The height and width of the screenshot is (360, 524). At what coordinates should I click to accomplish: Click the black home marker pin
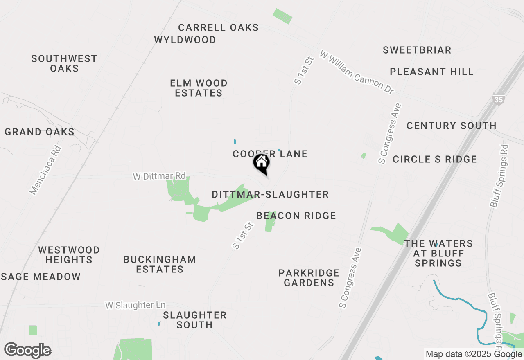click(261, 163)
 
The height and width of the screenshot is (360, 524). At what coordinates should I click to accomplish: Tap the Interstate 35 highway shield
click(498, 99)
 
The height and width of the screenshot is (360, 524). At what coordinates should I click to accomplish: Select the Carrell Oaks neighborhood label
click(218, 28)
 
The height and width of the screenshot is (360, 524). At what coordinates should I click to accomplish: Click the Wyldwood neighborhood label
click(185, 40)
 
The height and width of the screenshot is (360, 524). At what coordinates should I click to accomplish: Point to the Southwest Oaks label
click(64, 63)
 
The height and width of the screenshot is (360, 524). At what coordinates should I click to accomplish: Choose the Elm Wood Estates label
click(199, 88)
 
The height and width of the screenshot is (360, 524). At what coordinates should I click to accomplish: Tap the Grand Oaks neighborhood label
click(40, 132)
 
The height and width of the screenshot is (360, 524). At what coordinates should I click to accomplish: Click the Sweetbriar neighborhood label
click(417, 50)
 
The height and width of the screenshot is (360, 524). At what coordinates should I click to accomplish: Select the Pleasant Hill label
click(431, 72)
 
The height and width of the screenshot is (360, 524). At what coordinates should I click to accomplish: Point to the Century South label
click(451, 126)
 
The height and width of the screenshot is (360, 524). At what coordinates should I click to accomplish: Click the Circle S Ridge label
click(434, 159)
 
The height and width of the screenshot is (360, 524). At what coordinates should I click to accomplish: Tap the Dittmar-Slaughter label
click(270, 195)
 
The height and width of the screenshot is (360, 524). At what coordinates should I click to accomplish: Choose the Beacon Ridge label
click(296, 216)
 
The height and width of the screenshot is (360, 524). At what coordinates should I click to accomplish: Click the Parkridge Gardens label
click(309, 278)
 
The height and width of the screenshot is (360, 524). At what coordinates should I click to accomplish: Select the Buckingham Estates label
click(160, 264)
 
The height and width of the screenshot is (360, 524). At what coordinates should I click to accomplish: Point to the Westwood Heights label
click(69, 255)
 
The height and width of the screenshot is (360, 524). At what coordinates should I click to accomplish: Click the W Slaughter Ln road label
click(135, 305)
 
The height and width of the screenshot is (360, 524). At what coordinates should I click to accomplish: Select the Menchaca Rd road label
click(45, 170)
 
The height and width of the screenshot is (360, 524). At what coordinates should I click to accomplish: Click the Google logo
click(28, 351)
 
